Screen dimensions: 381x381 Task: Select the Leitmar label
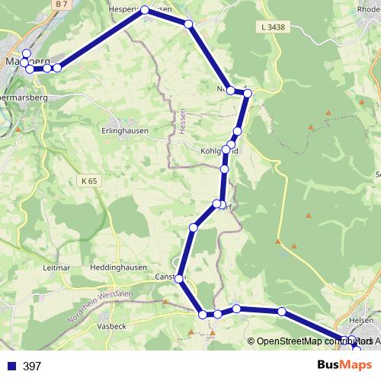(x=57, y=268)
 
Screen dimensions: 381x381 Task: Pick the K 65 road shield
(x=88, y=181)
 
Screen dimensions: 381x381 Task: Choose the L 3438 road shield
(x=271, y=27)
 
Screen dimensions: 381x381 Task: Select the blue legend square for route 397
(x=11, y=367)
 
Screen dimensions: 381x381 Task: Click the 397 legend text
(x=32, y=367)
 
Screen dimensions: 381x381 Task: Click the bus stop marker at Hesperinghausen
(x=144, y=11)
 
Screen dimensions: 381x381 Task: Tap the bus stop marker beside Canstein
(x=180, y=280)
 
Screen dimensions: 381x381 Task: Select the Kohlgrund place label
(x=218, y=151)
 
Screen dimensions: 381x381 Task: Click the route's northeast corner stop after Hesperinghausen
(x=189, y=24)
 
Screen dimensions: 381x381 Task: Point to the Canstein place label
(x=168, y=276)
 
